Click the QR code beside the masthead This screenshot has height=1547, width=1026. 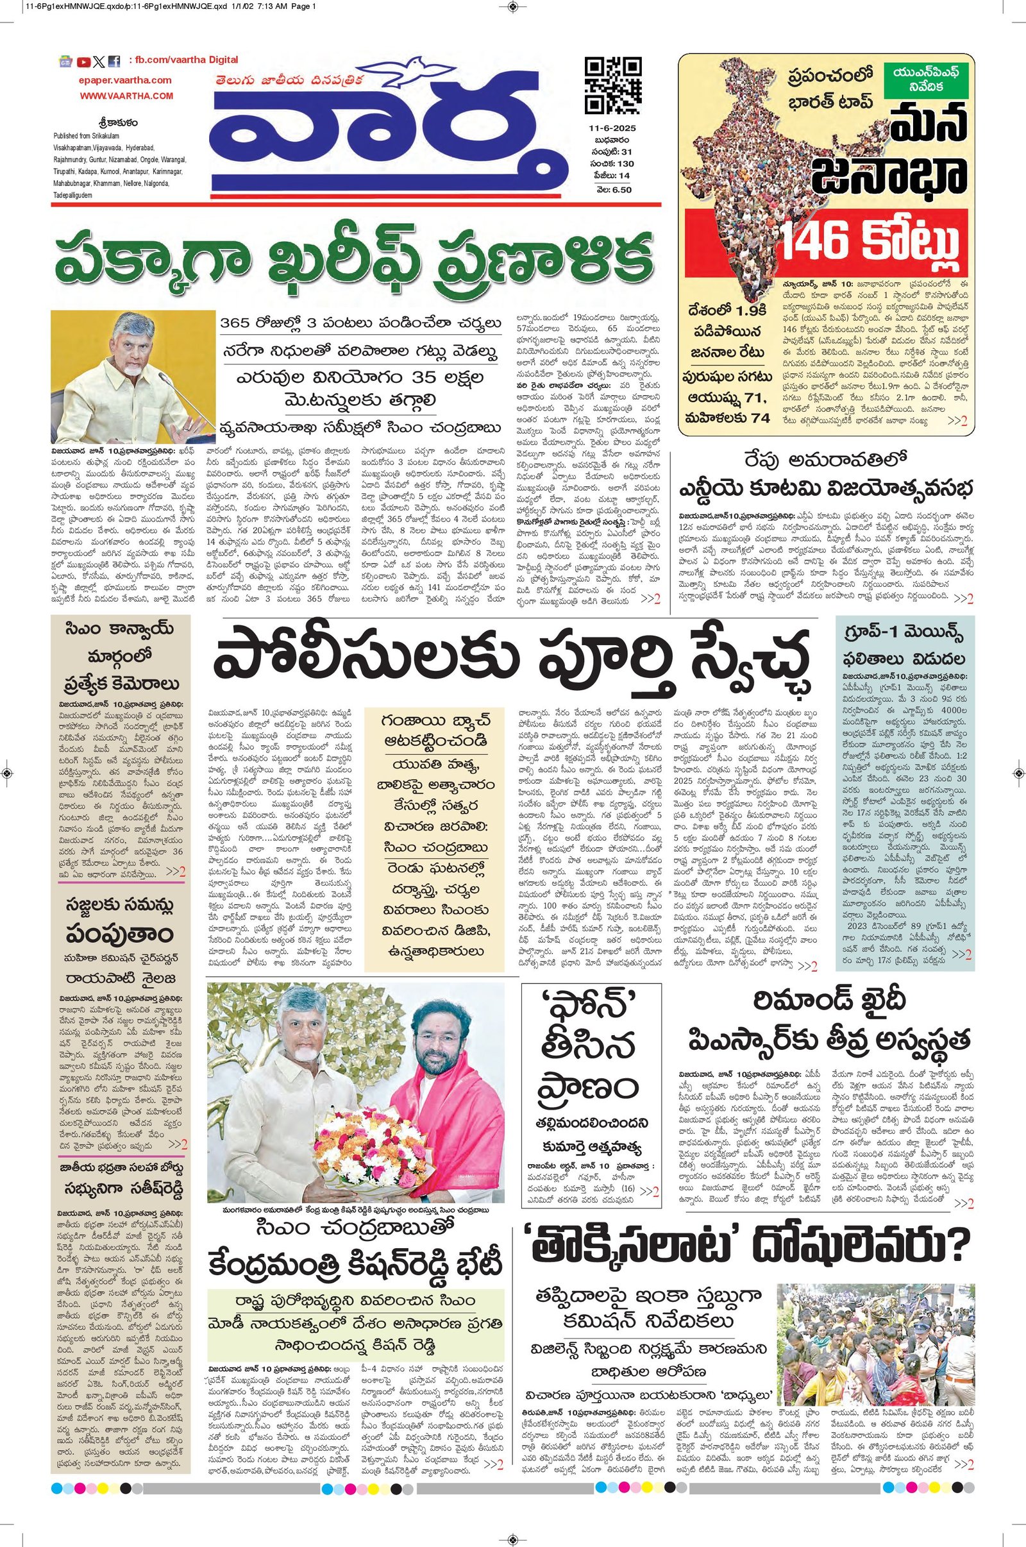pos(612,86)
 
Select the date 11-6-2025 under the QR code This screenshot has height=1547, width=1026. pos(610,129)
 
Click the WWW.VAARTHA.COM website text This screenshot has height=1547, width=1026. pos(127,96)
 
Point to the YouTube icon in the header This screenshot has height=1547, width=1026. pos(83,63)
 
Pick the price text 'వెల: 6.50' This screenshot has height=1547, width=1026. pos(614,189)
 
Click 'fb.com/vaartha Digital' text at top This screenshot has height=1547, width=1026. pos(183,60)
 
